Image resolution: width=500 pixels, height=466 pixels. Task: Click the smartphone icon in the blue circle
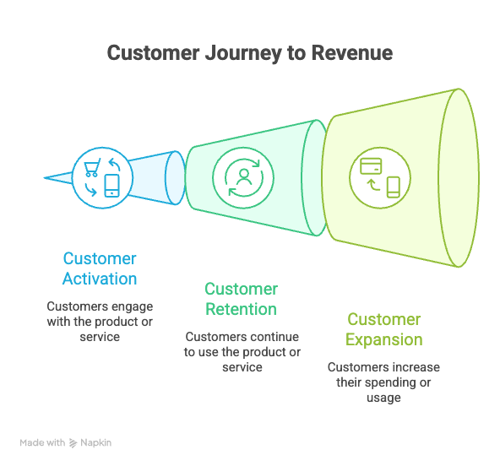(x=111, y=185)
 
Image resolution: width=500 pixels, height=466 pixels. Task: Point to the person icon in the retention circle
(x=244, y=177)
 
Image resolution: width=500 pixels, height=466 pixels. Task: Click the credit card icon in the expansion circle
(x=370, y=165)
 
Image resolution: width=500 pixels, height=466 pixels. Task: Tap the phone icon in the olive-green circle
(x=393, y=187)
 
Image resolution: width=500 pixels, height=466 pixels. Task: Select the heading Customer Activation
(x=100, y=268)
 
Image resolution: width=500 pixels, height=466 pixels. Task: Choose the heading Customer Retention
(x=241, y=299)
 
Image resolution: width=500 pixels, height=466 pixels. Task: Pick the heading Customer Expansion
(x=384, y=329)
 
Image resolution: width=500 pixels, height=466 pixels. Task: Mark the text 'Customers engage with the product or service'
(x=100, y=321)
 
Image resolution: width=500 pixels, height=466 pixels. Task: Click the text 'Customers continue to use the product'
(x=242, y=351)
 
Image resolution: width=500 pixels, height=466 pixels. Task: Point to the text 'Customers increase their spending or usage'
(x=383, y=382)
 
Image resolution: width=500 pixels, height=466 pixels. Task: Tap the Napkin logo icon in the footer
(x=73, y=442)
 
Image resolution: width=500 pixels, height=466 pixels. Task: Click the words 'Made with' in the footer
(x=42, y=442)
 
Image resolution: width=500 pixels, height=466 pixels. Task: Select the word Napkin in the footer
(x=96, y=442)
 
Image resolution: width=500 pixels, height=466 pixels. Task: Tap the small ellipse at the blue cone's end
(x=175, y=178)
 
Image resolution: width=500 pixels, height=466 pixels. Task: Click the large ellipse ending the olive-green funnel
(x=462, y=178)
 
